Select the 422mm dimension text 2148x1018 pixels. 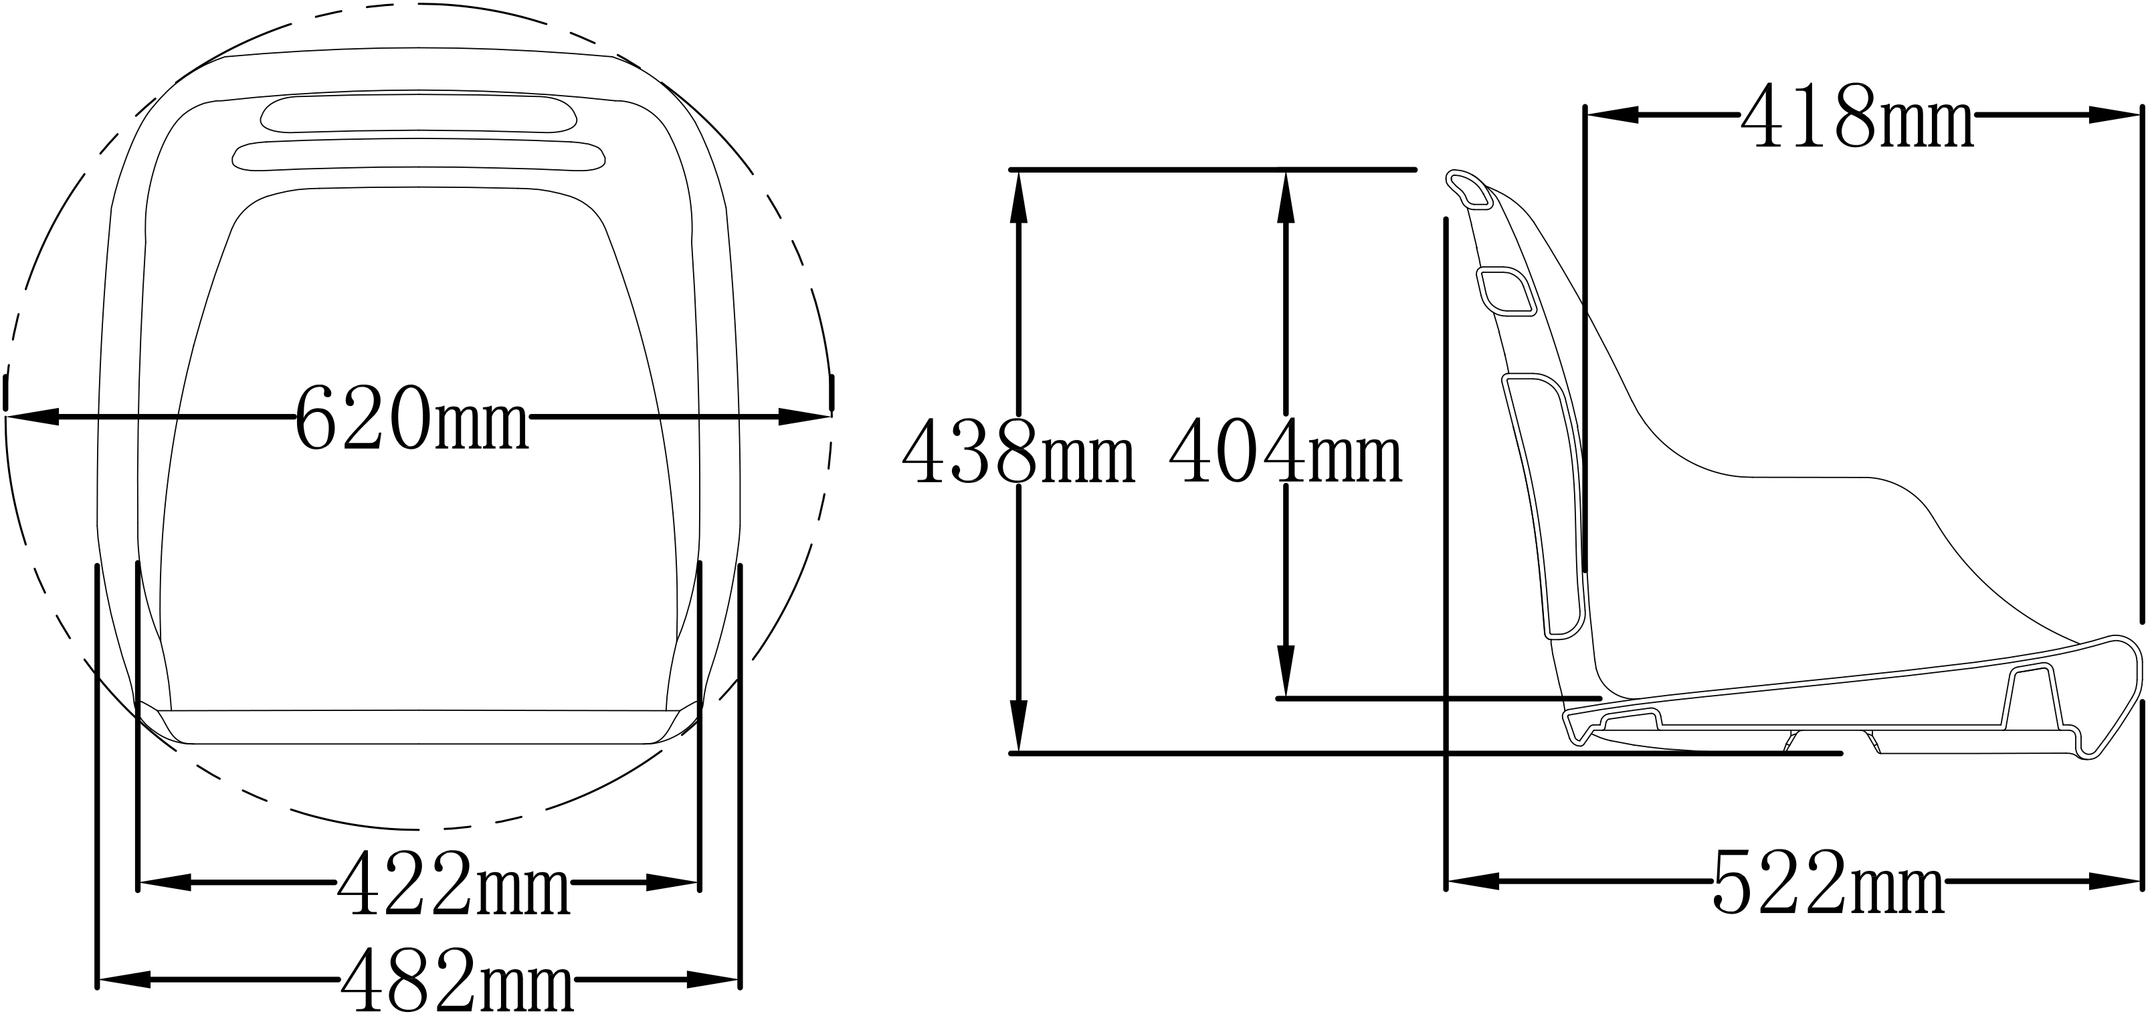coord(454,884)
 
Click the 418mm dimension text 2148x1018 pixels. coord(1857,118)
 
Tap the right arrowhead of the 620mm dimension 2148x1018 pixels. coord(805,417)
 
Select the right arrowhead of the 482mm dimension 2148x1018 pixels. coord(713,981)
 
